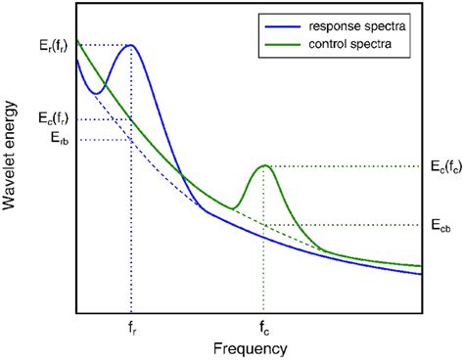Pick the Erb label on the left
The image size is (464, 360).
pos(61,139)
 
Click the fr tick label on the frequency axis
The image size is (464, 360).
pos(130,330)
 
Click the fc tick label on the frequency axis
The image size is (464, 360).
pos(263,330)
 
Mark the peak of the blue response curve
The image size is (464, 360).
pos(130,45)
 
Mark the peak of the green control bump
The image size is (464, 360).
pos(263,165)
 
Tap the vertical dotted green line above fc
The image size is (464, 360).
pos(263,274)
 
